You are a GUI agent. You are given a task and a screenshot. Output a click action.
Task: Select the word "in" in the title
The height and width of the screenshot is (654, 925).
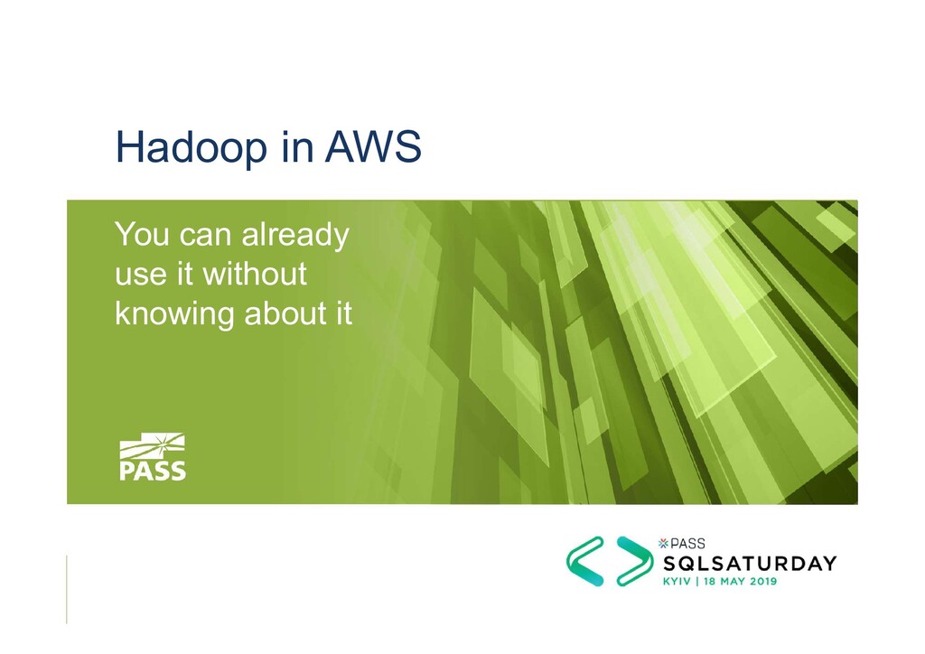(x=294, y=147)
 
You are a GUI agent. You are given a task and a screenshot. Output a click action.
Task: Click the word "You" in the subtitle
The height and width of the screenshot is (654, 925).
(x=141, y=236)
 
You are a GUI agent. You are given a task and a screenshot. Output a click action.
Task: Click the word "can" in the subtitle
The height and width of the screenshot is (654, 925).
(x=205, y=237)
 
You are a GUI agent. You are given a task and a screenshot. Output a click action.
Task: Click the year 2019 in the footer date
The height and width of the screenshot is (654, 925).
(x=759, y=582)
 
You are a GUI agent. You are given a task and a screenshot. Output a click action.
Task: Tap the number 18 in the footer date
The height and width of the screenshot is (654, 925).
(x=706, y=582)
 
